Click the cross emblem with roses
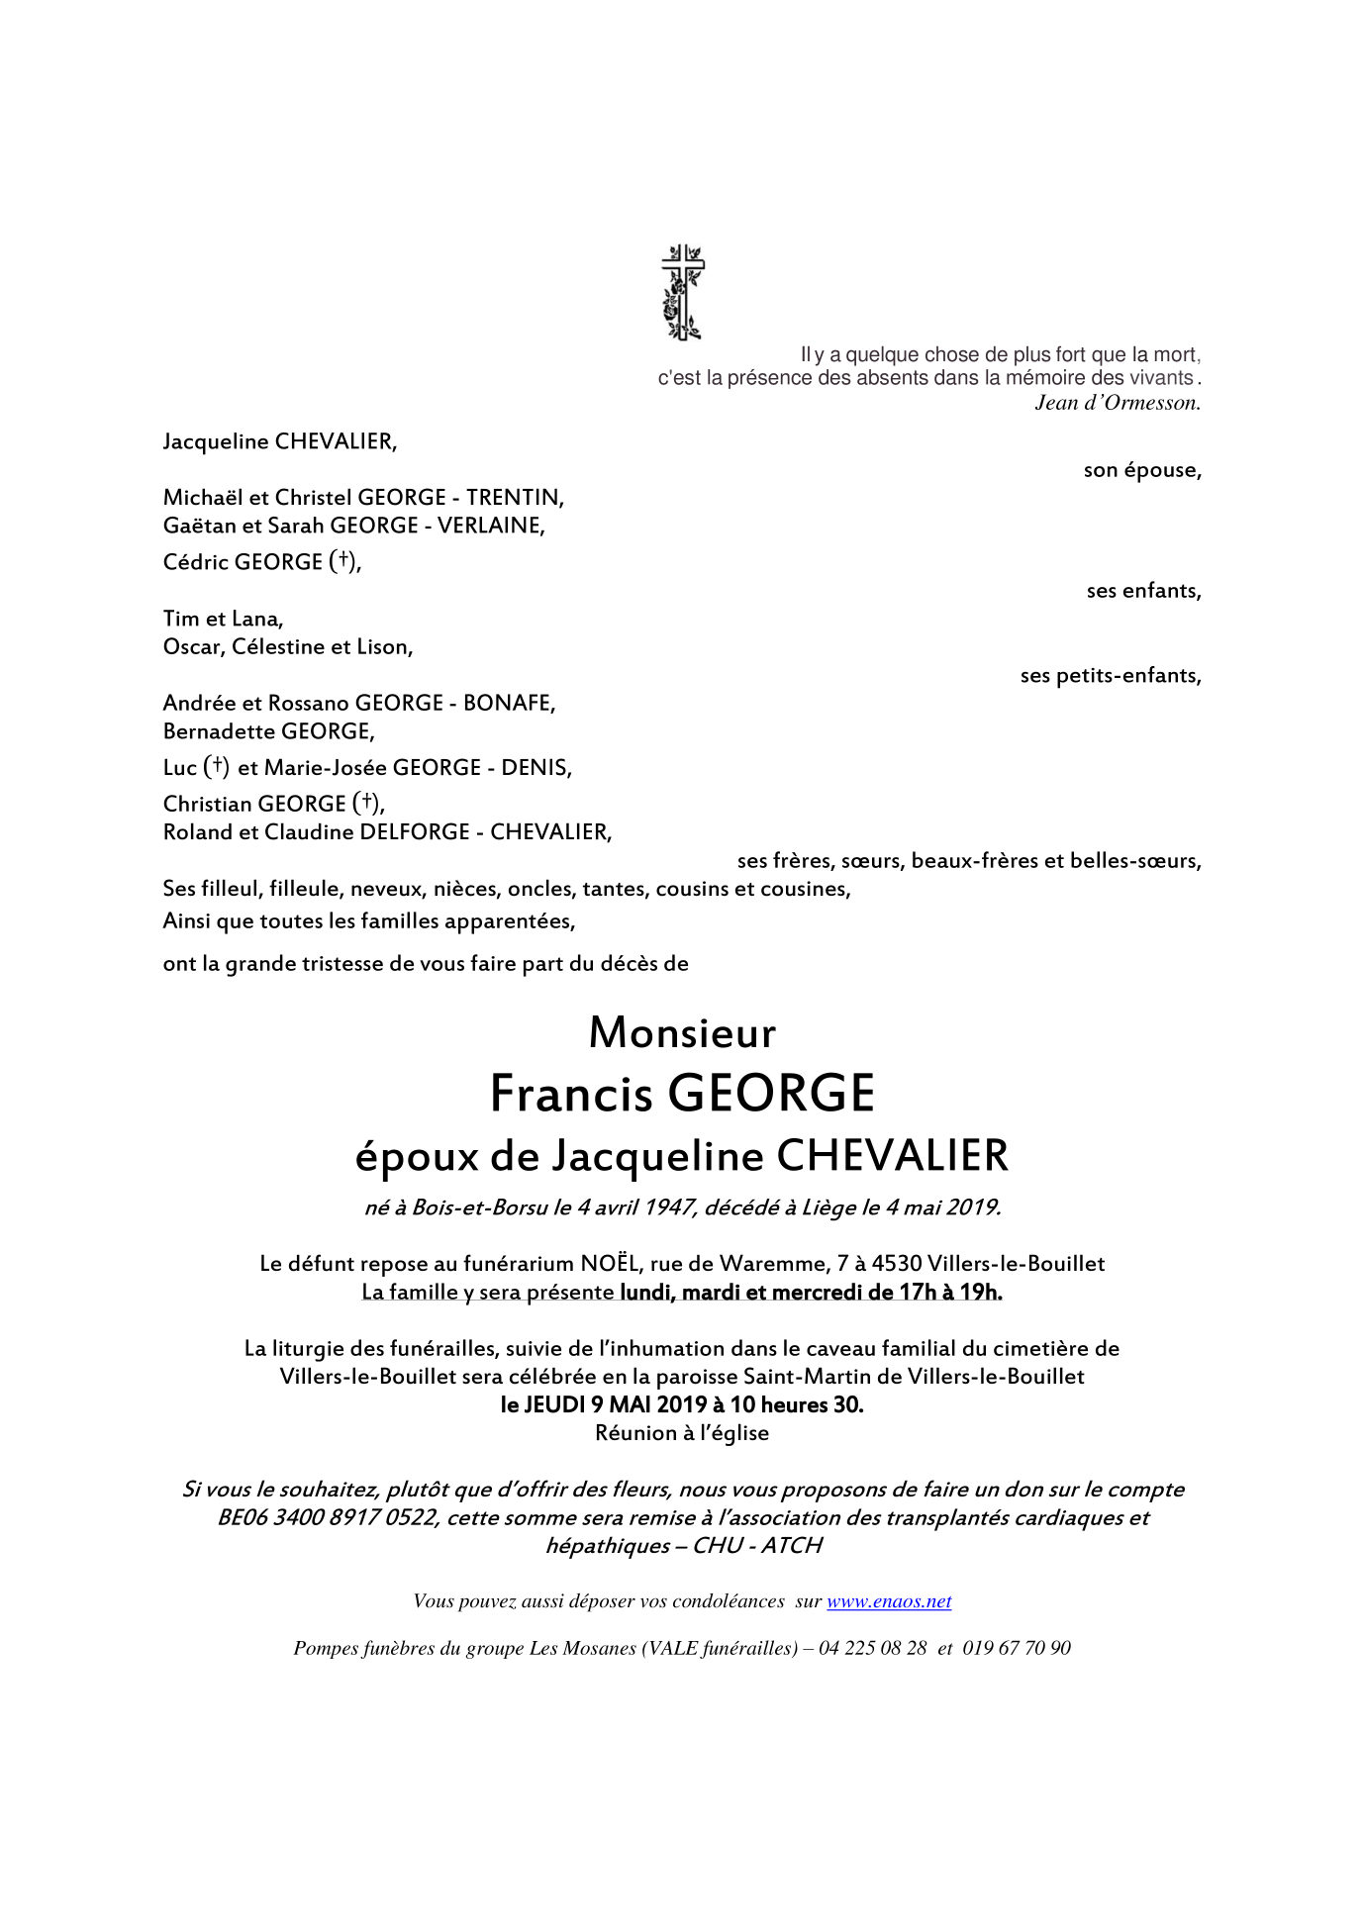pyautogui.click(x=682, y=293)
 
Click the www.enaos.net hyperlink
pyautogui.click(x=889, y=1601)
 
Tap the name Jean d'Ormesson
pyautogui.click(x=1117, y=403)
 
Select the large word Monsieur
pyautogui.click(x=682, y=1033)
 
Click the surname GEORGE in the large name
pyautogui.click(x=771, y=1094)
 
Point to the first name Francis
pyautogui.click(x=571, y=1094)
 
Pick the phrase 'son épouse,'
pyautogui.click(x=1142, y=470)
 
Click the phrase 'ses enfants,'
pyautogui.click(x=1143, y=591)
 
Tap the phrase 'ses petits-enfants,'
pyautogui.click(x=1111, y=676)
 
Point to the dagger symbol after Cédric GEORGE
pyautogui.click(x=342, y=560)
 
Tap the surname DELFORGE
pyautogui.click(x=414, y=832)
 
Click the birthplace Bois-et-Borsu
pyautogui.click(x=480, y=1207)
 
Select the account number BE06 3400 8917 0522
pyautogui.click(x=328, y=1518)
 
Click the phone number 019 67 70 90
pyautogui.click(x=1017, y=1648)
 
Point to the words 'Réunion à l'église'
pyautogui.click(x=682, y=1433)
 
